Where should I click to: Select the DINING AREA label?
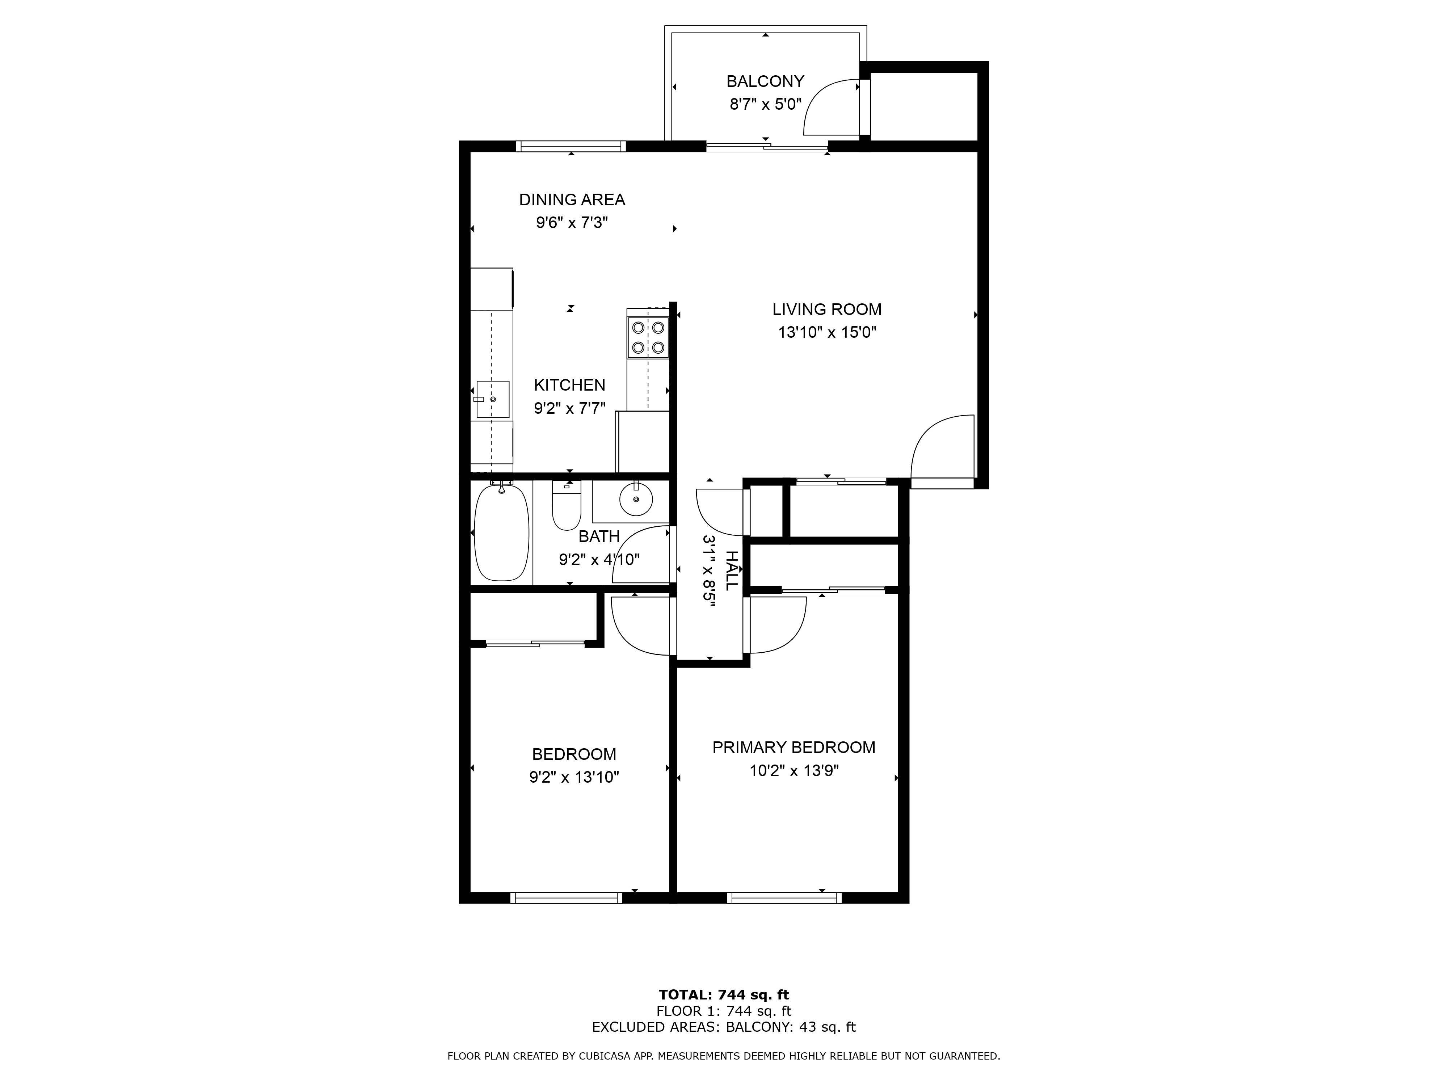(x=572, y=199)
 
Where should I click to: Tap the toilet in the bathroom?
(x=566, y=507)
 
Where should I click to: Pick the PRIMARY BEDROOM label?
(x=794, y=747)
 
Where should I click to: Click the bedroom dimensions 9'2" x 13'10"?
(x=574, y=777)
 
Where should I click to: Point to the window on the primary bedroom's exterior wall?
(x=784, y=898)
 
